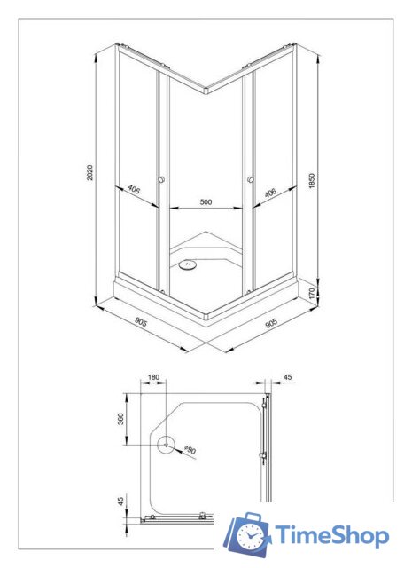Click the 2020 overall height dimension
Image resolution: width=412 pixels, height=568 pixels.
click(90, 172)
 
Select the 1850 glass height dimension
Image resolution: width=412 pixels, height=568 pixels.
click(313, 181)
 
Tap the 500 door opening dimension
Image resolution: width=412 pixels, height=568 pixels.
click(206, 201)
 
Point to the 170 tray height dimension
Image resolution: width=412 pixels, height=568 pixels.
click(313, 292)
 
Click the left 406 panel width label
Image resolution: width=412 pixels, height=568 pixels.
click(134, 189)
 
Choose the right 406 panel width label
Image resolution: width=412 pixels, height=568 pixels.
click(270, 193)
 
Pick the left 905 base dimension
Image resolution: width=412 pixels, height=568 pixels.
click(141, 322)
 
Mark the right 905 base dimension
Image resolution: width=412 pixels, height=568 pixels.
click(271, 323)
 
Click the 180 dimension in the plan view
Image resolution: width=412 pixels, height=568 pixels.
click(153, 377)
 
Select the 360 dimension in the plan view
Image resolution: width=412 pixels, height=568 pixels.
click(120, 419)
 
